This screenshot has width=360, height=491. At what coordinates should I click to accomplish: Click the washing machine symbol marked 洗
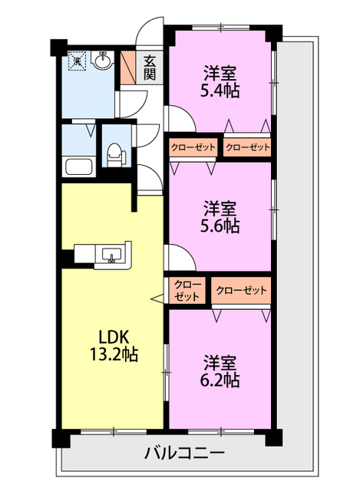pos(77,61)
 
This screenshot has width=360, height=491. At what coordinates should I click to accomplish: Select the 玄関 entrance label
pos(149,67)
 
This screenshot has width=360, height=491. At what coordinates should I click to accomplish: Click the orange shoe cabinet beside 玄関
pos(128,67)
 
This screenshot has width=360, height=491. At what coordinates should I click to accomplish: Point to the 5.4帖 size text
pos(220,91)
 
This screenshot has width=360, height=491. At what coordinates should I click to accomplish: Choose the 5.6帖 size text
pos(220,226)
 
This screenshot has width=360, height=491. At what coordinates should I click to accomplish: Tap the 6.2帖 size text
pos(220,379)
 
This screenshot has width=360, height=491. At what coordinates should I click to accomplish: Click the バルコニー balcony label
pos(184,453)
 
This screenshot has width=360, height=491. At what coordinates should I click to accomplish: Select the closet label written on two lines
pos(187,290)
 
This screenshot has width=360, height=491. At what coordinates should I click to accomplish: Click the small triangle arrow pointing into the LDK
pos(157,298)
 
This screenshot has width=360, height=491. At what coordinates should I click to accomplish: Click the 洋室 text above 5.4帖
pos(220,74)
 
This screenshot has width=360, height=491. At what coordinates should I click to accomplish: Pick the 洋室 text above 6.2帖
pos(220,361)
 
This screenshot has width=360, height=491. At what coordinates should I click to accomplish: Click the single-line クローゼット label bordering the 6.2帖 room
pos(241,290)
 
